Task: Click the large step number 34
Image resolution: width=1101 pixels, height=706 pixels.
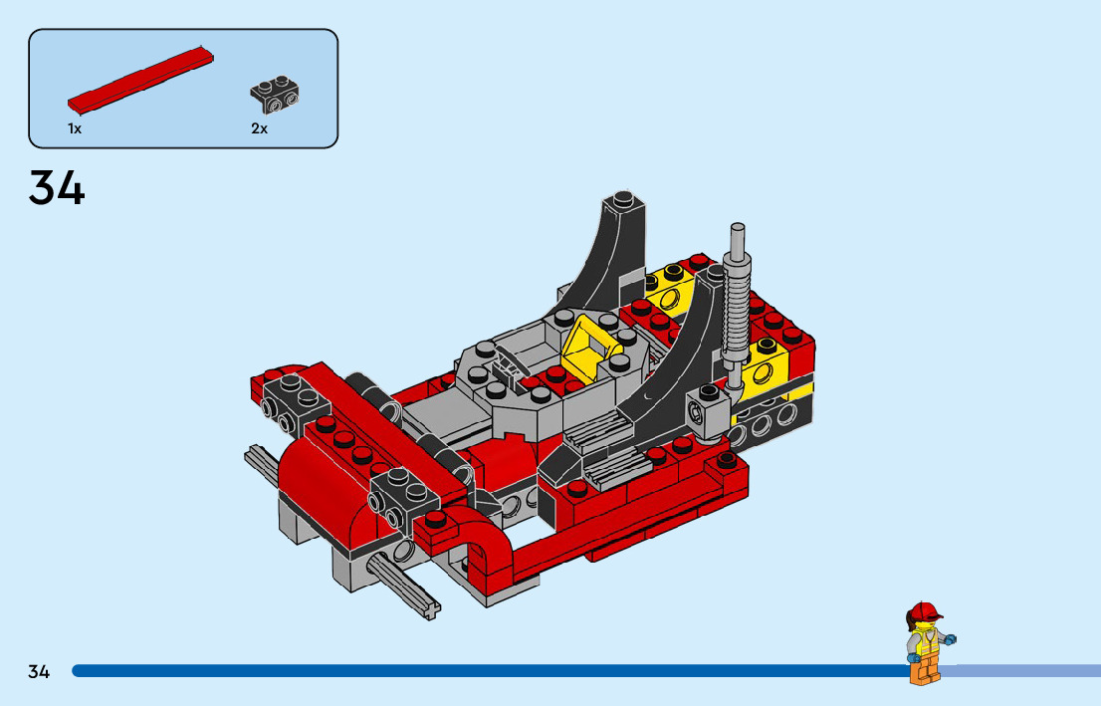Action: [x=57, y=188]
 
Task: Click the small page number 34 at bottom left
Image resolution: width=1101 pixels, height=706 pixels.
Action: [x=39, y=671]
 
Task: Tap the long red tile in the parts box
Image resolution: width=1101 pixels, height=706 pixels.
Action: [x=139, y=78]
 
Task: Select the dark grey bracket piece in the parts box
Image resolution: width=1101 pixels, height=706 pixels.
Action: [x=276, y=95]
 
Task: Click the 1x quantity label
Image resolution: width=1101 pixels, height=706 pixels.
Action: [x=75, y=129]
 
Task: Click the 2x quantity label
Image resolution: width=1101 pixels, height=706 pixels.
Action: [x=259, y=129]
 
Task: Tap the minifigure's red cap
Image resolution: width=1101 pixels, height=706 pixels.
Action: [x=924, y=610]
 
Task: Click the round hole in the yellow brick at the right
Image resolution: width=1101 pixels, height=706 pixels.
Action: [x=768, y=375]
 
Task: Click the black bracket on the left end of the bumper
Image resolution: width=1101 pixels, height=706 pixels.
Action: [x=290, y=406]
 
